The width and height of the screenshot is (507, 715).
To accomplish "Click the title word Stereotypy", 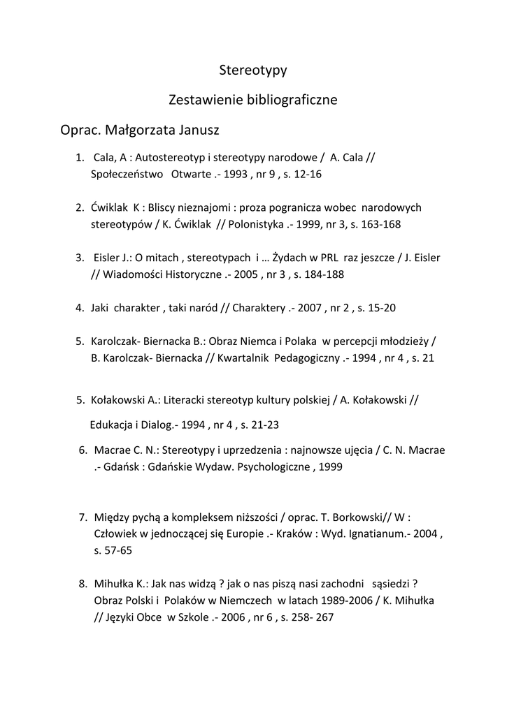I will coord(253,70).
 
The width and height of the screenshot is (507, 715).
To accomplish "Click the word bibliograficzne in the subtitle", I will coord(291,100).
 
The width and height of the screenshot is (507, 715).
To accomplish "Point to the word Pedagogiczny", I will coord(307,358).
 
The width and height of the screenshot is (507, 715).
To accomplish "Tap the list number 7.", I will coord(82,517).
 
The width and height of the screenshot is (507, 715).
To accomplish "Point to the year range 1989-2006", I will coord(330,601).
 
